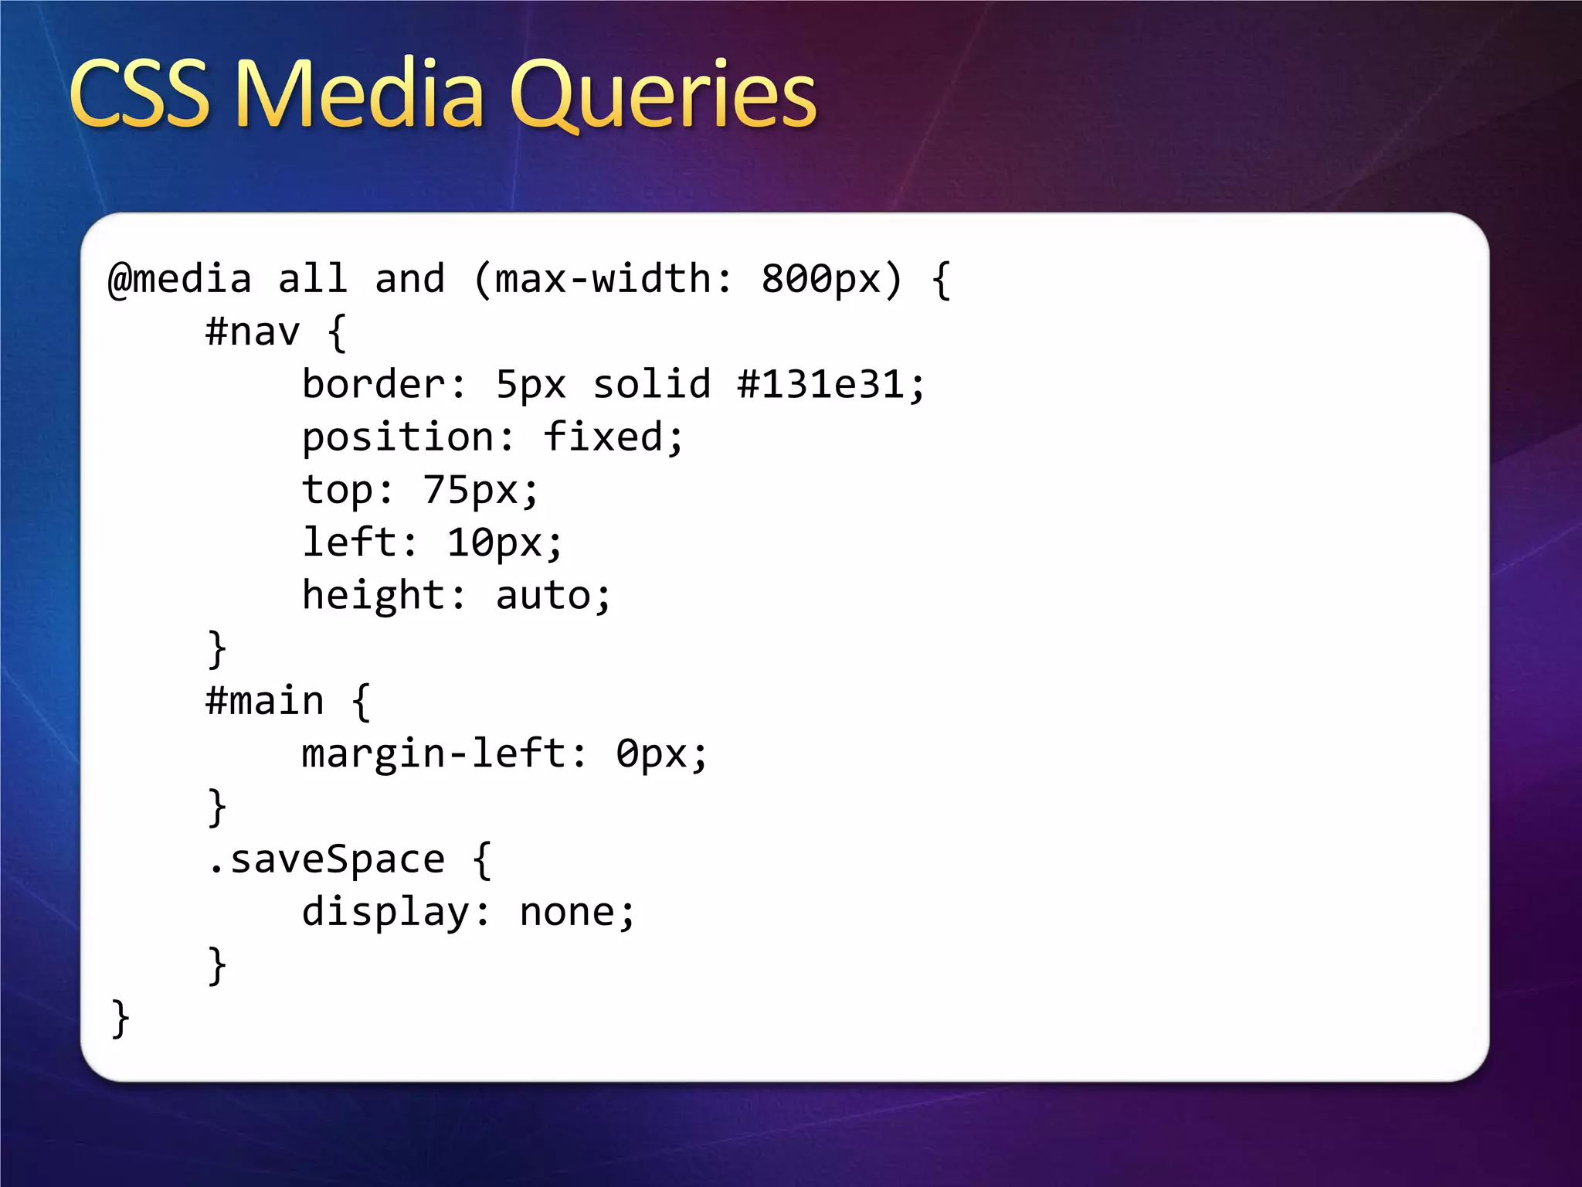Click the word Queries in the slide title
tap(662, 97)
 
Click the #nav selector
tap(253, 332)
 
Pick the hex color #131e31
tap(820, 385)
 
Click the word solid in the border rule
tap(651, 385)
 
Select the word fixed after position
tap(603, 437)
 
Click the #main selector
tap(265, 702)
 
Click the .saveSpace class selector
tap(327, 860)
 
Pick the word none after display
tap(567, 913)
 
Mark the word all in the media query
tap(312, 279)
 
